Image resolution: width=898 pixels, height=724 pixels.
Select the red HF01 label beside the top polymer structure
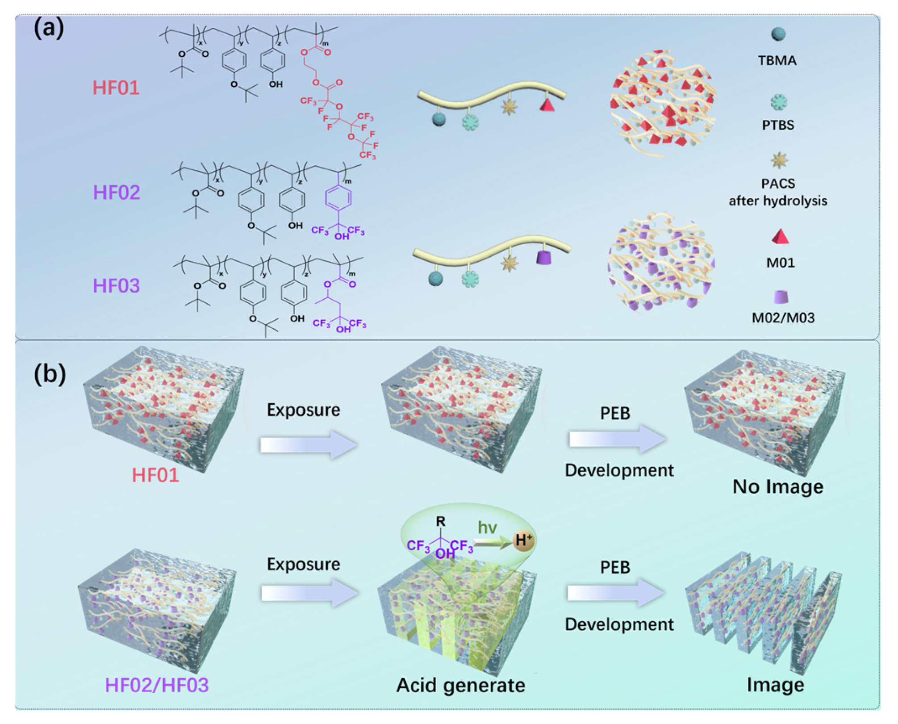tap(116, 88)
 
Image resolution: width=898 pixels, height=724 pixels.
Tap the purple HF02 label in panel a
tap(116, 193)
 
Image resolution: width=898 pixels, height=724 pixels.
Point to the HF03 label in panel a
tap(116, 286)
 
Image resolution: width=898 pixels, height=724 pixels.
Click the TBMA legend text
tap(777, 60)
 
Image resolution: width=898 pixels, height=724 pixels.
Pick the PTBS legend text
tap(778, 125)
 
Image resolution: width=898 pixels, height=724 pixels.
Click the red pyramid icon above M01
tap(780, 237)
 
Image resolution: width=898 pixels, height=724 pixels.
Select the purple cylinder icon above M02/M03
tap(781, 297)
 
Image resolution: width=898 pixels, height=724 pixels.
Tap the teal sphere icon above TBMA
tap(778, 34)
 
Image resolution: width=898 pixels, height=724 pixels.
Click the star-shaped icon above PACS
tap(779, 160)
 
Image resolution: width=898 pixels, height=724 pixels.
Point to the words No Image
tap(777, 486)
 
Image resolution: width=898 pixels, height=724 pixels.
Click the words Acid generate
tap(460, 685)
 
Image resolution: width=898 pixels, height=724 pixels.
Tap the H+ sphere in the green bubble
tap(523, 540)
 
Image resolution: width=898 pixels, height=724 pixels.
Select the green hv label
tap(487, 527)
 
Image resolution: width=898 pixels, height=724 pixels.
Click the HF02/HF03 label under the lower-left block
tap(156, 685)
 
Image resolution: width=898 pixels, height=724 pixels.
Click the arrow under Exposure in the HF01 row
tap(308, 445)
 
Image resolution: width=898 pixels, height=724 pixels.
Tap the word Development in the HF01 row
tap(619, 470)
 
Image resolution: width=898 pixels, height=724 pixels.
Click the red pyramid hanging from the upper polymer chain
tap(547, 105)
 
